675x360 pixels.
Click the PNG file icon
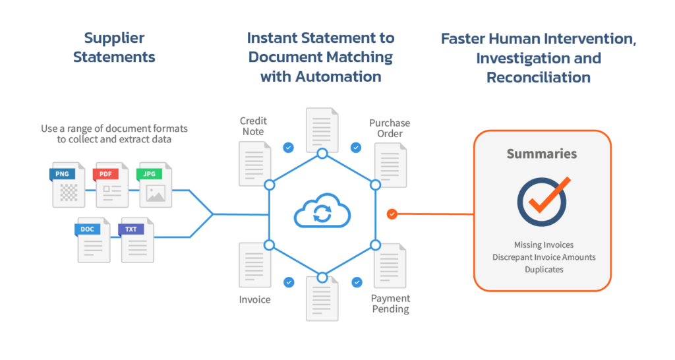pos(69,185)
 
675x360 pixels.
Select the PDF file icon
pos(112,185)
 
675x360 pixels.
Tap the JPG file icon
pos(155,185)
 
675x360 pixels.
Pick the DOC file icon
pos(94,239)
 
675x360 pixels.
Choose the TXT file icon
pos(137,239)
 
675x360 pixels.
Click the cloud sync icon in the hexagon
pos(322,213)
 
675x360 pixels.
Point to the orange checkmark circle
pos(543,202)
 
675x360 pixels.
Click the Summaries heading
pos(542,154)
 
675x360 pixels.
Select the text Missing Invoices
pos(542,245)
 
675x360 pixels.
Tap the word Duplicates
pos(542,269)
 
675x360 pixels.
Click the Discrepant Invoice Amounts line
pos(542,256)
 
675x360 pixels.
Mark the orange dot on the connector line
pos(392,214)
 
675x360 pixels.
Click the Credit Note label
pos(252,127)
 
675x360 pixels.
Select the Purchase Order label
pos(390,129)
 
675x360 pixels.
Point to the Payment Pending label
pos(390,304)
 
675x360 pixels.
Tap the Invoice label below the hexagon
pos(254,299)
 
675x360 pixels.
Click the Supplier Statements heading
pos(114,47)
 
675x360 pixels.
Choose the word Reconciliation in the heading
pos(538,77)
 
